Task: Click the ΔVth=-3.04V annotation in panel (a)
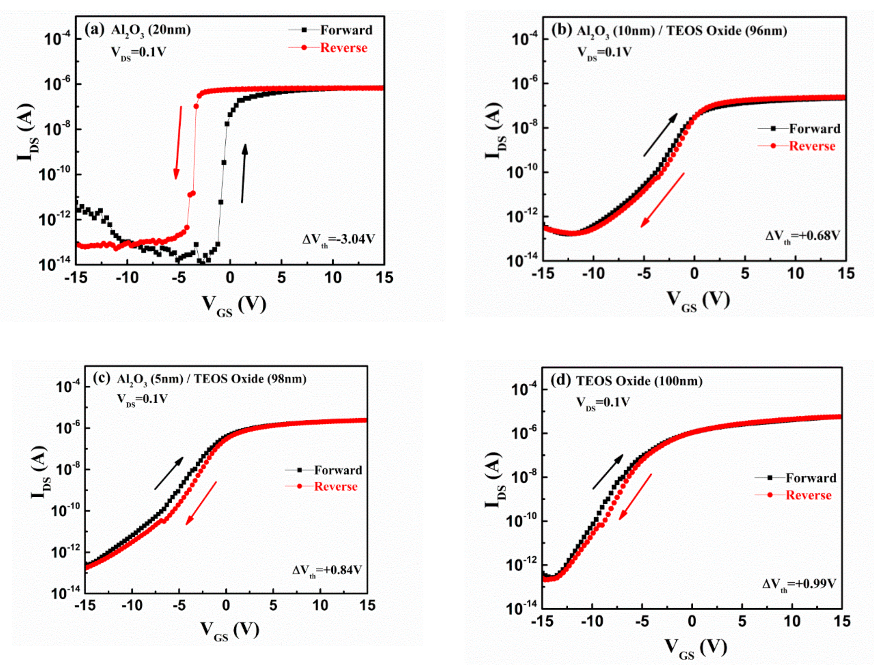(338, 240)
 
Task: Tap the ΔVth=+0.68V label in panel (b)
(802, 236)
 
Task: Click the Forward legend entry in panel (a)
(331, 30)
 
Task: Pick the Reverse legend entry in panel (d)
(794, 495)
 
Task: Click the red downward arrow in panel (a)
(178, 142)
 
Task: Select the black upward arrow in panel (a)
(243, 173)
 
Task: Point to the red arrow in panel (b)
(662, 200)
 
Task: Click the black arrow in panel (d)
(607, 472)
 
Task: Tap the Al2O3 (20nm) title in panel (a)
(150, 30)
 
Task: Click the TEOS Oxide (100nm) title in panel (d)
(639, 381)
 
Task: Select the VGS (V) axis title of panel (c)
(230, 630)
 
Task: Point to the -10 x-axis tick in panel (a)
(127, 278)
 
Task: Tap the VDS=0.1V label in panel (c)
(142, 399)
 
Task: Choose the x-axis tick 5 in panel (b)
(744, 274)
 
